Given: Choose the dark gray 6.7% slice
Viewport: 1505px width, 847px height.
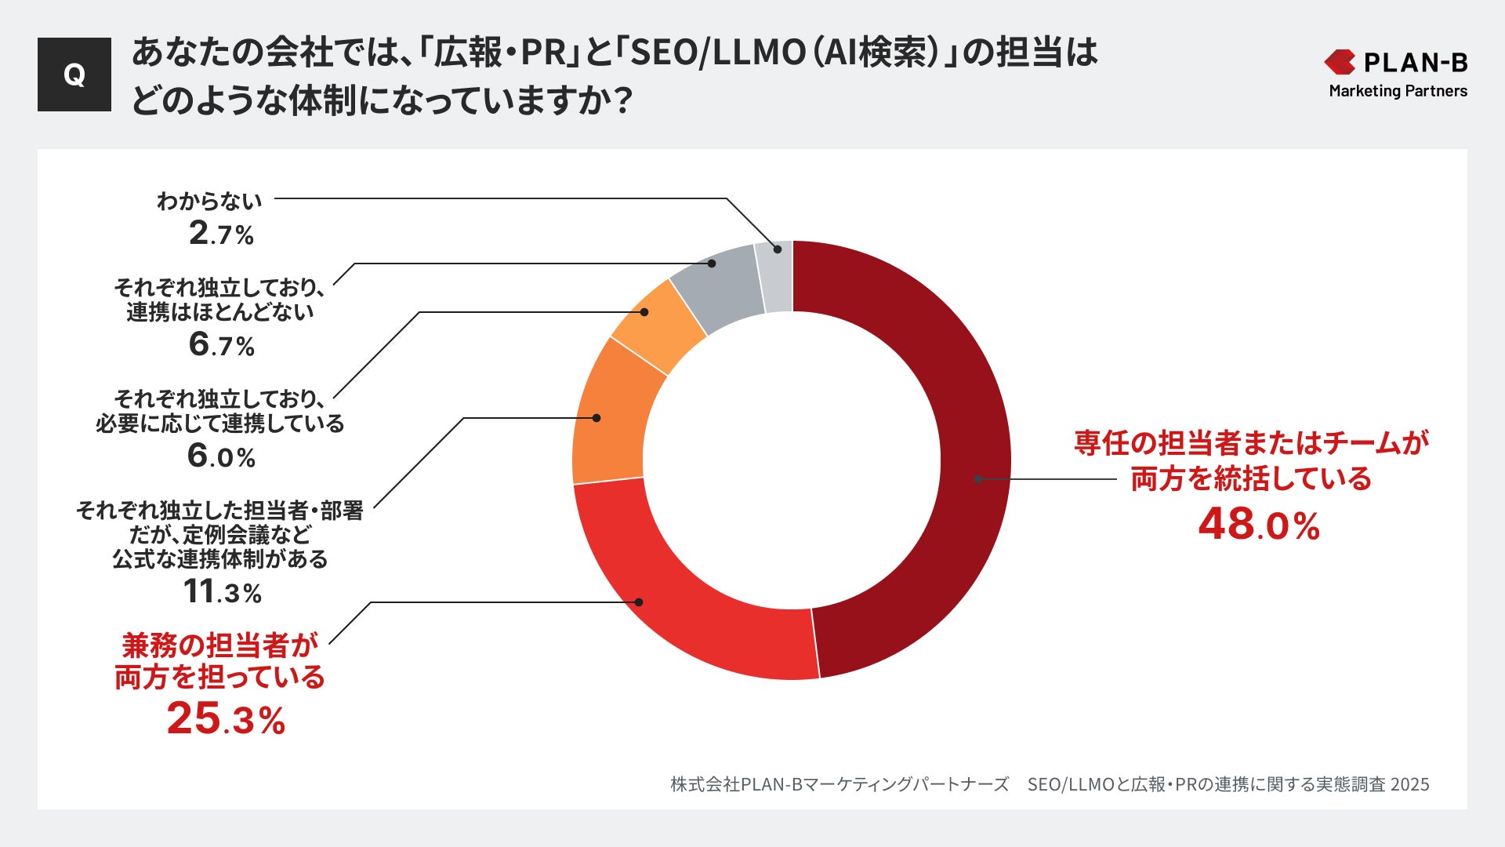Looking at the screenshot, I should coord(717,286).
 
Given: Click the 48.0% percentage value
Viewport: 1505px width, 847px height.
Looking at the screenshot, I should coord(1259,524).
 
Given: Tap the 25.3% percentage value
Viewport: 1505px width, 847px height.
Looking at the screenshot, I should coord(226,718).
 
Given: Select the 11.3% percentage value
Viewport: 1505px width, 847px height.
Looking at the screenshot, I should coord(223,591).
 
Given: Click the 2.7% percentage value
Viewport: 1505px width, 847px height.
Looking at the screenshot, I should coord(222,234).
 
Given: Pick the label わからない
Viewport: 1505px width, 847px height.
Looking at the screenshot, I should coord(209,202).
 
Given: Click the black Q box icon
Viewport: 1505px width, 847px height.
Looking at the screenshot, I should coord(74,75).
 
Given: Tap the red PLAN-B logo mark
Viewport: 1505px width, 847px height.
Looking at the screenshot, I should coord(1340,62).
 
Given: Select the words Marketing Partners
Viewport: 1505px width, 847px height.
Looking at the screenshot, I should coord(1398,91).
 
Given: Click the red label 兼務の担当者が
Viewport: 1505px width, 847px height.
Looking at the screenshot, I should coord(219,645).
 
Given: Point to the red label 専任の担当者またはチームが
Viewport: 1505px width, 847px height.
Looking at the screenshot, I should coord(1251,443).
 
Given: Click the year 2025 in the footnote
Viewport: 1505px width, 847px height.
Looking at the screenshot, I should coord(1409,784).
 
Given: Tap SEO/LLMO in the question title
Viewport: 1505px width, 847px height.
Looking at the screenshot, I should coord(718,53).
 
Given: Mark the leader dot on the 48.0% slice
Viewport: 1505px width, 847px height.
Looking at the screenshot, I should coord(978,478).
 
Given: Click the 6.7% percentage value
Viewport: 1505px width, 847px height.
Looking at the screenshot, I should coord(222,345).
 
